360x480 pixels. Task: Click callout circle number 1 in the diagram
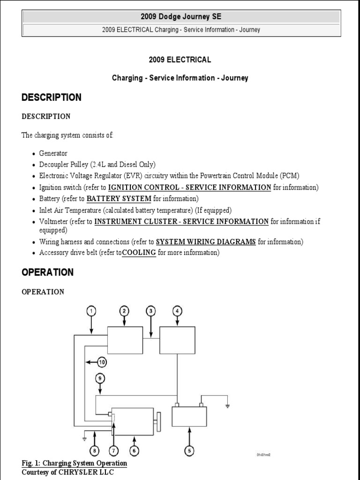pos(91,310)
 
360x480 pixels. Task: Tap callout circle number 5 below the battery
pos(189,451)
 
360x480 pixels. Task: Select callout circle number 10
pos(102,361)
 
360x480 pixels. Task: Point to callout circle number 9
pos(99,378)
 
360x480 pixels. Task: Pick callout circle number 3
pos(150,310)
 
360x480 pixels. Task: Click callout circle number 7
pos(113,451)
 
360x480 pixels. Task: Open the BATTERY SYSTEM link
pos(119,198)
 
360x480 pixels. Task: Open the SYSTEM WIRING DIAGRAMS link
pos(206,242)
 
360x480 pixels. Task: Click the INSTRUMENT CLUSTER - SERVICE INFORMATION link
pos(181,221)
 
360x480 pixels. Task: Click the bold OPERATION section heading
pos(47,272)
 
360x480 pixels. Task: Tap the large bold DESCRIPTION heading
pos(51,97)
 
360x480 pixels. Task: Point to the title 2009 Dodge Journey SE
pos(180,16)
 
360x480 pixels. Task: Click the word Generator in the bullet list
pos(53,153)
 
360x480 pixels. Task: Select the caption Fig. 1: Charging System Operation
pos(74,463)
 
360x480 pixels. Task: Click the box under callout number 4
pos(177,341)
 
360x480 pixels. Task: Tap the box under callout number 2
pos(125,341)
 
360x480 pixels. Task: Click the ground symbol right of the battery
pos(227,405)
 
